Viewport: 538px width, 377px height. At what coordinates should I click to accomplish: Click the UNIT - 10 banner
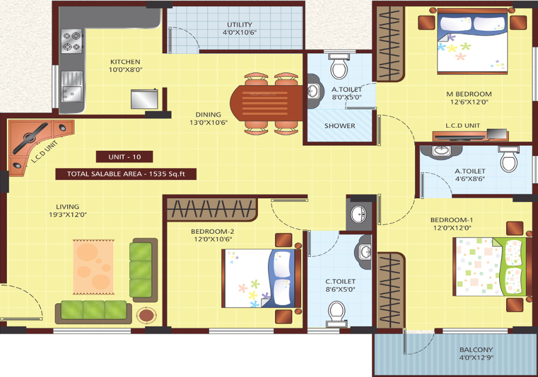coord(124,157)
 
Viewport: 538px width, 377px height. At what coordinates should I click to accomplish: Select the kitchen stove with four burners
coord(72,41)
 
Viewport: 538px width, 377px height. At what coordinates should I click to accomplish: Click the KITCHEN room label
coord(125,62)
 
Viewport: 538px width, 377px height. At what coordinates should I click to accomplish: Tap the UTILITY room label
coord(239,25)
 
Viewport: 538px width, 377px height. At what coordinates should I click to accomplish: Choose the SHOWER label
coord(339,126)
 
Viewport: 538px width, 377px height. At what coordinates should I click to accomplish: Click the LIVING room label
coord(67,206)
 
